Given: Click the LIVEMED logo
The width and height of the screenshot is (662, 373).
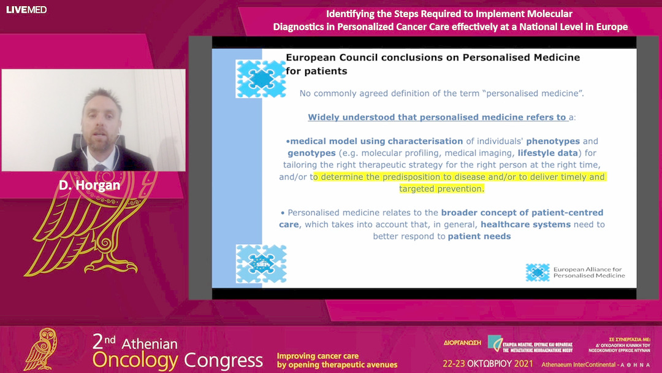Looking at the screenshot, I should [26, 10].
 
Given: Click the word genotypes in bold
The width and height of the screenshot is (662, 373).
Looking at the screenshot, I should [311, 153].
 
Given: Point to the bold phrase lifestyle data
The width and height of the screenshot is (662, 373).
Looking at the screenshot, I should [547, 153].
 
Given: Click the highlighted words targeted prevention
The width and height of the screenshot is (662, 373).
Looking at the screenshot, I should [441, 188].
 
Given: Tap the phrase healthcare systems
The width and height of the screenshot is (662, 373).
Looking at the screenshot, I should [525, 225].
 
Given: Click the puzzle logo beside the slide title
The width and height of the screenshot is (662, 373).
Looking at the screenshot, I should [260, 78].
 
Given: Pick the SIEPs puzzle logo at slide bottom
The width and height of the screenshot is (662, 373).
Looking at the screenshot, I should [261, 264].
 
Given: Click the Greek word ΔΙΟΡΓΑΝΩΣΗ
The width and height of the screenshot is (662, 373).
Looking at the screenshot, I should [462, 342].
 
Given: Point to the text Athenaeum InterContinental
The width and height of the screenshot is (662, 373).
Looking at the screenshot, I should [576, 364].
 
